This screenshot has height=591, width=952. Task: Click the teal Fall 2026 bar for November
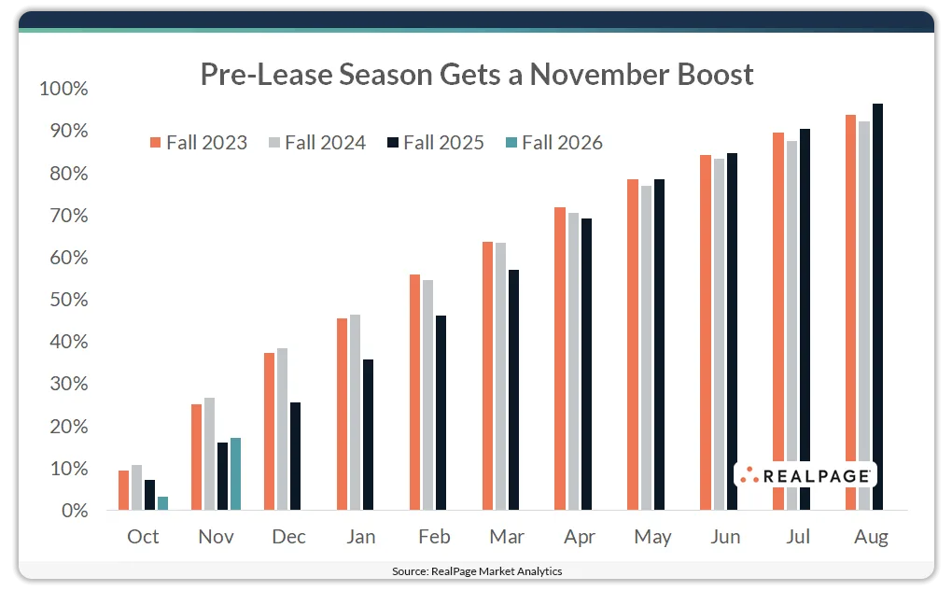[x=235, y=474]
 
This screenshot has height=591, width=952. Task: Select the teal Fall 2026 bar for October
[x=162, y=503]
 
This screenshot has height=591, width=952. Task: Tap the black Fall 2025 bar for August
[x=877, y=307]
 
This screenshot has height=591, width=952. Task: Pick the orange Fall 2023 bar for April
[x=560, y=359]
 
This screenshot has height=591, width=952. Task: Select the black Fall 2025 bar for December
[x=295, y=457]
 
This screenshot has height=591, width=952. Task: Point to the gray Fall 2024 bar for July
[x=791, y=326]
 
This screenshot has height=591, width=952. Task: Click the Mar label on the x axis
[x=507, y=537]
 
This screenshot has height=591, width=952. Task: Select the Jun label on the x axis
[x=725, y=537]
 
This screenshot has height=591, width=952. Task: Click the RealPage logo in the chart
[x=805, y=476]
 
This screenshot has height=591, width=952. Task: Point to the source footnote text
[x=476, y=570]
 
